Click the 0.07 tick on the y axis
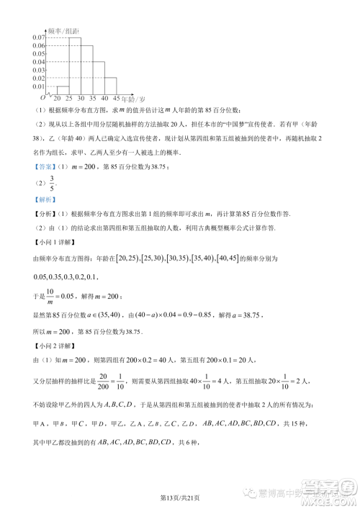click(x=39, y=37)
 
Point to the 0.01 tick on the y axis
click(x=39, y=86)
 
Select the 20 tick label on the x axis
click(x=57, y=98)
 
